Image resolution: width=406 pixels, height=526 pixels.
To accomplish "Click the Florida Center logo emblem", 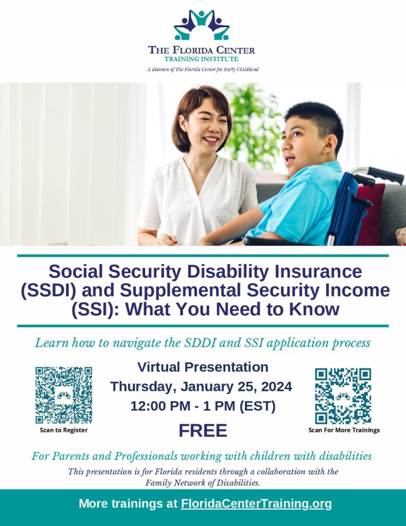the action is point(202,25).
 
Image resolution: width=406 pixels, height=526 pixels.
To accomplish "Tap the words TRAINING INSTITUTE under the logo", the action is point(202,59).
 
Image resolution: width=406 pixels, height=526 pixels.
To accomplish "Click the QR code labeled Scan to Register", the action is point(64,395).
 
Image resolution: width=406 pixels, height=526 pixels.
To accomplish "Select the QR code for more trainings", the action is point(343,396).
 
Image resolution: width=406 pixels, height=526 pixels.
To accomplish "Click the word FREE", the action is point(203,431).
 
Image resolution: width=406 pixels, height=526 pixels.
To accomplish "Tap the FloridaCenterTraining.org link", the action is point(256,503).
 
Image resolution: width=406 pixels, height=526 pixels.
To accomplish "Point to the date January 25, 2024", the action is point(236,387).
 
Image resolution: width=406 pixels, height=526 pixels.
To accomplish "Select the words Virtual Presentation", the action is point(203,367).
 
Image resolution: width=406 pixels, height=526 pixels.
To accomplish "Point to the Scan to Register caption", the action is point(64,430).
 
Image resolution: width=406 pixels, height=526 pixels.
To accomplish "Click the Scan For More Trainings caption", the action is point(344,430).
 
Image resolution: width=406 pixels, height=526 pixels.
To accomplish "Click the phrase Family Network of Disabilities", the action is point(203,483).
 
